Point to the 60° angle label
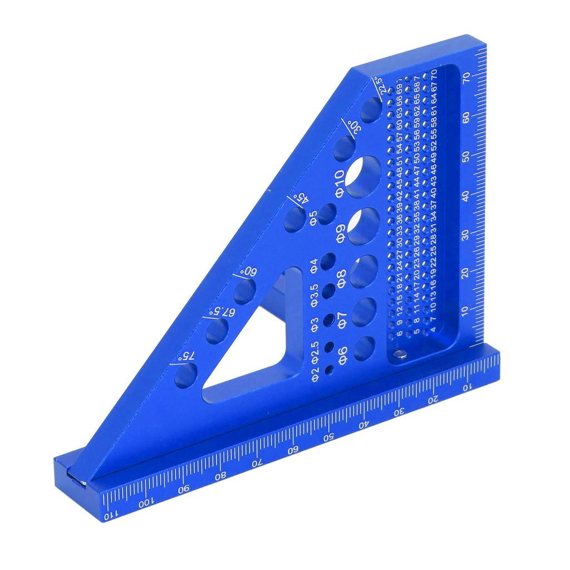click(248, 272)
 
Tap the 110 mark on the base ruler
click(111, 515)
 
